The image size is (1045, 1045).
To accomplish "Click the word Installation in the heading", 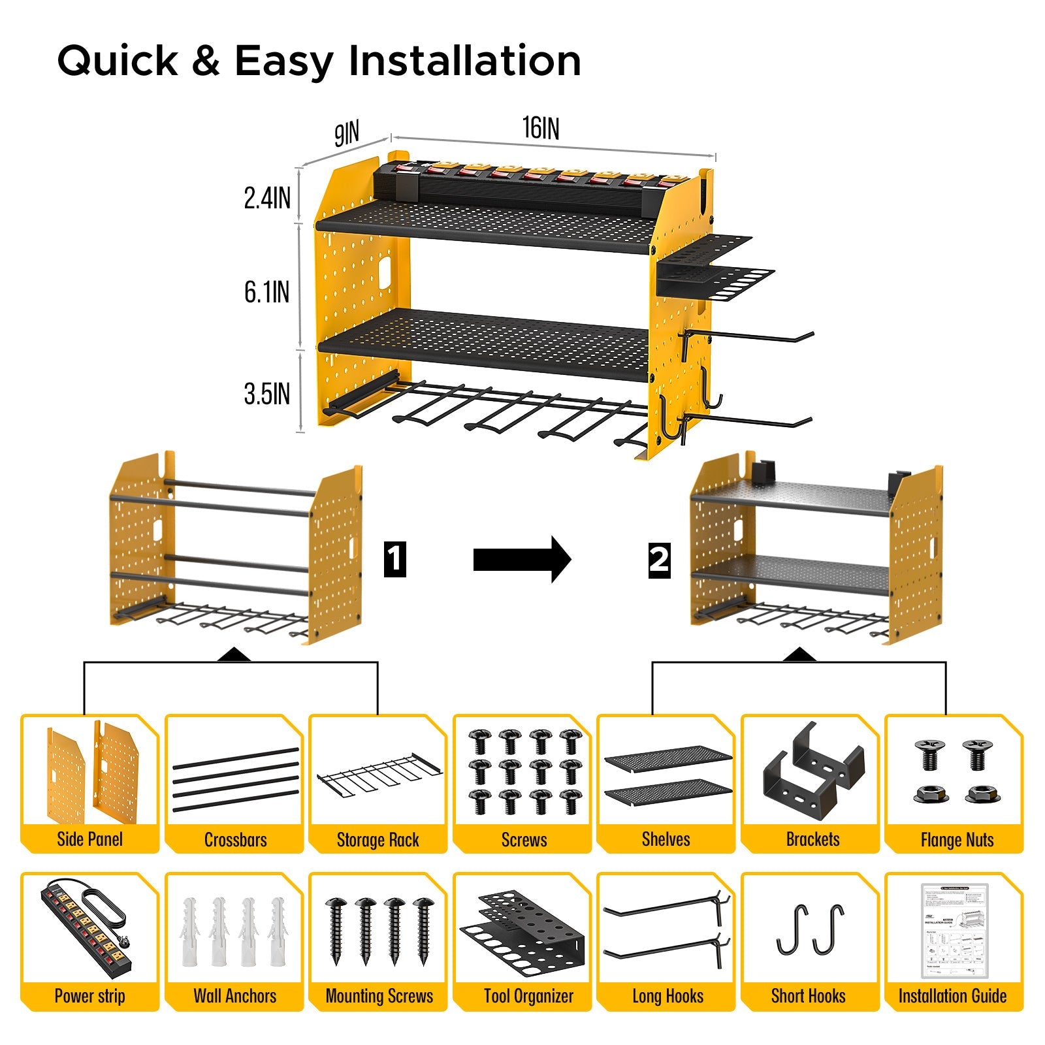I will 464,61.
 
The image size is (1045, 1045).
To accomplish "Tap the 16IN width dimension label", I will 541,128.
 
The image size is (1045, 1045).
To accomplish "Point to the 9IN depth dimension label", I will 347,133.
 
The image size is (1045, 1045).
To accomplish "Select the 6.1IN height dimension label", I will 266,292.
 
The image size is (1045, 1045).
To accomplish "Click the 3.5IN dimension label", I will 266,394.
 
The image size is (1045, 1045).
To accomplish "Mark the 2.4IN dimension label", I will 266,198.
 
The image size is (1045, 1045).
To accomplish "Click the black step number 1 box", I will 394,559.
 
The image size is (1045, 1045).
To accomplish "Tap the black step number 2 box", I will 659,560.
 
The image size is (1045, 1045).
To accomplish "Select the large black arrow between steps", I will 522,559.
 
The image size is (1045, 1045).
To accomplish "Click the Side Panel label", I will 89,839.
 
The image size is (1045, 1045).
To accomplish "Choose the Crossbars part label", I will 235,839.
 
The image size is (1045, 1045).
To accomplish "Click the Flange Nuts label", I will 957,840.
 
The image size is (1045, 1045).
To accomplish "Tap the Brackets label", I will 812,839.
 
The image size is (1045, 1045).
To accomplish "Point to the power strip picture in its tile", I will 88,925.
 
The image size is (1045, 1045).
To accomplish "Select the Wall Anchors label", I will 235,996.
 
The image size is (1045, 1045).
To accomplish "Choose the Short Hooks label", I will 808,996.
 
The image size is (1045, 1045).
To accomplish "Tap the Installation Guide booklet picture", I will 954,930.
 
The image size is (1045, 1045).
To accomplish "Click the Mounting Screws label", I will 379,996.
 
